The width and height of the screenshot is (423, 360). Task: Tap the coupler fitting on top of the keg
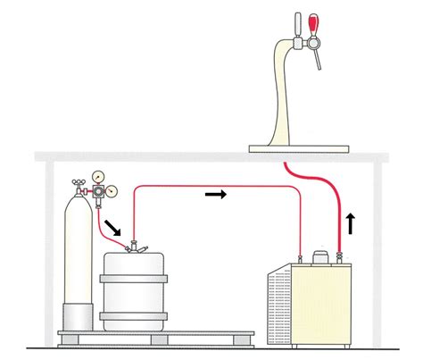click(134, 246)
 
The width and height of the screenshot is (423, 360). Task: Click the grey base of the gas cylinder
click(77, 316)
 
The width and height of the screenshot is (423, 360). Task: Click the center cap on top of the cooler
click(317, 257)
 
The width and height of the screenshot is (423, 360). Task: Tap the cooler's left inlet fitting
click(298, 259)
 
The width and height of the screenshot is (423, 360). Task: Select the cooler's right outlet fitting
click(338, 258)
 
